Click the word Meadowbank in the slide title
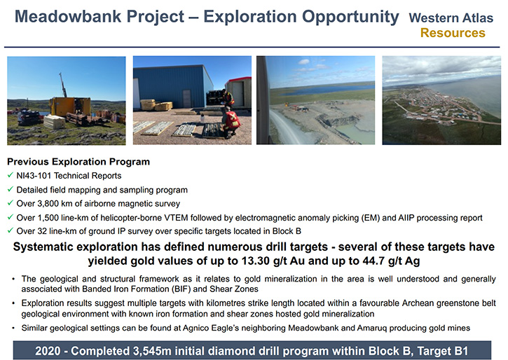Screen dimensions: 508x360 [67, 16]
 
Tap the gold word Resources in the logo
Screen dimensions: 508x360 [453, 33]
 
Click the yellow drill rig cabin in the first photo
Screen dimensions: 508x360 [70, 106]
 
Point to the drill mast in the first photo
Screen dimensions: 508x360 [63, 85]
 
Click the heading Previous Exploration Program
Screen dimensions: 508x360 [78, 162]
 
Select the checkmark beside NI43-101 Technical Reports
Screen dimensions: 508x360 [11, 175]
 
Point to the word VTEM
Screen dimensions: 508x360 [176, 218]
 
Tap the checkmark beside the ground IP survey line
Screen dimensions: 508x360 [11, 230]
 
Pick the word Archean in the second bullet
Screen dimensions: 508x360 [418, 303]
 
